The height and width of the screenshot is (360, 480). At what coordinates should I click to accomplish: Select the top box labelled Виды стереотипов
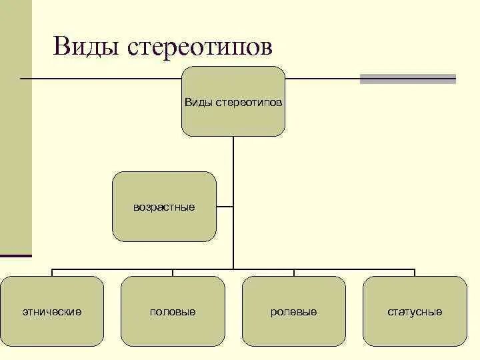(x=233, y=101)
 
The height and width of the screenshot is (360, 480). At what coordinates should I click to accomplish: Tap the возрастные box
(x=164, y=207)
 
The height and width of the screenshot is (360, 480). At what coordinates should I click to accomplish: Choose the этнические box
(x=52, y=311)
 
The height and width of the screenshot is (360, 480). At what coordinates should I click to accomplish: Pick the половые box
(x=173, y=311)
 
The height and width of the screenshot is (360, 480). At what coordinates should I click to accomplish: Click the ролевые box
(x=294, y=311)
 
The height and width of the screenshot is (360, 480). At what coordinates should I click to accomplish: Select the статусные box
(x=415, y=311)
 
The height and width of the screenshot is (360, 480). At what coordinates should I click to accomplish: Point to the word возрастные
(x=164, y=207)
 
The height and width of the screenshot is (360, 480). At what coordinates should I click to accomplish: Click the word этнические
(x=52, y=312)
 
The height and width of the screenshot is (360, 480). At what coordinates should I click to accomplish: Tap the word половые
(x=173, y=312)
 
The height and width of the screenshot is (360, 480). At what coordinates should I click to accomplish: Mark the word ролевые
(x=294, y=312)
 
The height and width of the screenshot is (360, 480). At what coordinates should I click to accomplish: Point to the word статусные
(x=415, y=312)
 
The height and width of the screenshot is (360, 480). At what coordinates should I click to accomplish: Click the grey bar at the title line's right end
(x=408, y=79)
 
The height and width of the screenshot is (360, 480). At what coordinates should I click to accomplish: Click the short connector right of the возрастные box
(x=225, y=207)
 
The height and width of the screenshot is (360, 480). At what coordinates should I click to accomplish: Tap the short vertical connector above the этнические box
(x=52, y=273)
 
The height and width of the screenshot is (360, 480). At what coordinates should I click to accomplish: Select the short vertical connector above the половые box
(x=173, y=273)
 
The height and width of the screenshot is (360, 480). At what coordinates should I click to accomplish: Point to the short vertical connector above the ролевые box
(x=294, y=273)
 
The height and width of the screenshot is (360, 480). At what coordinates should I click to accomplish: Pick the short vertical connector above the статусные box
(x=415, y=273)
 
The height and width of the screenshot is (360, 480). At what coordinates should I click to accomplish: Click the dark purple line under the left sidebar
(x=16, y=255)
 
